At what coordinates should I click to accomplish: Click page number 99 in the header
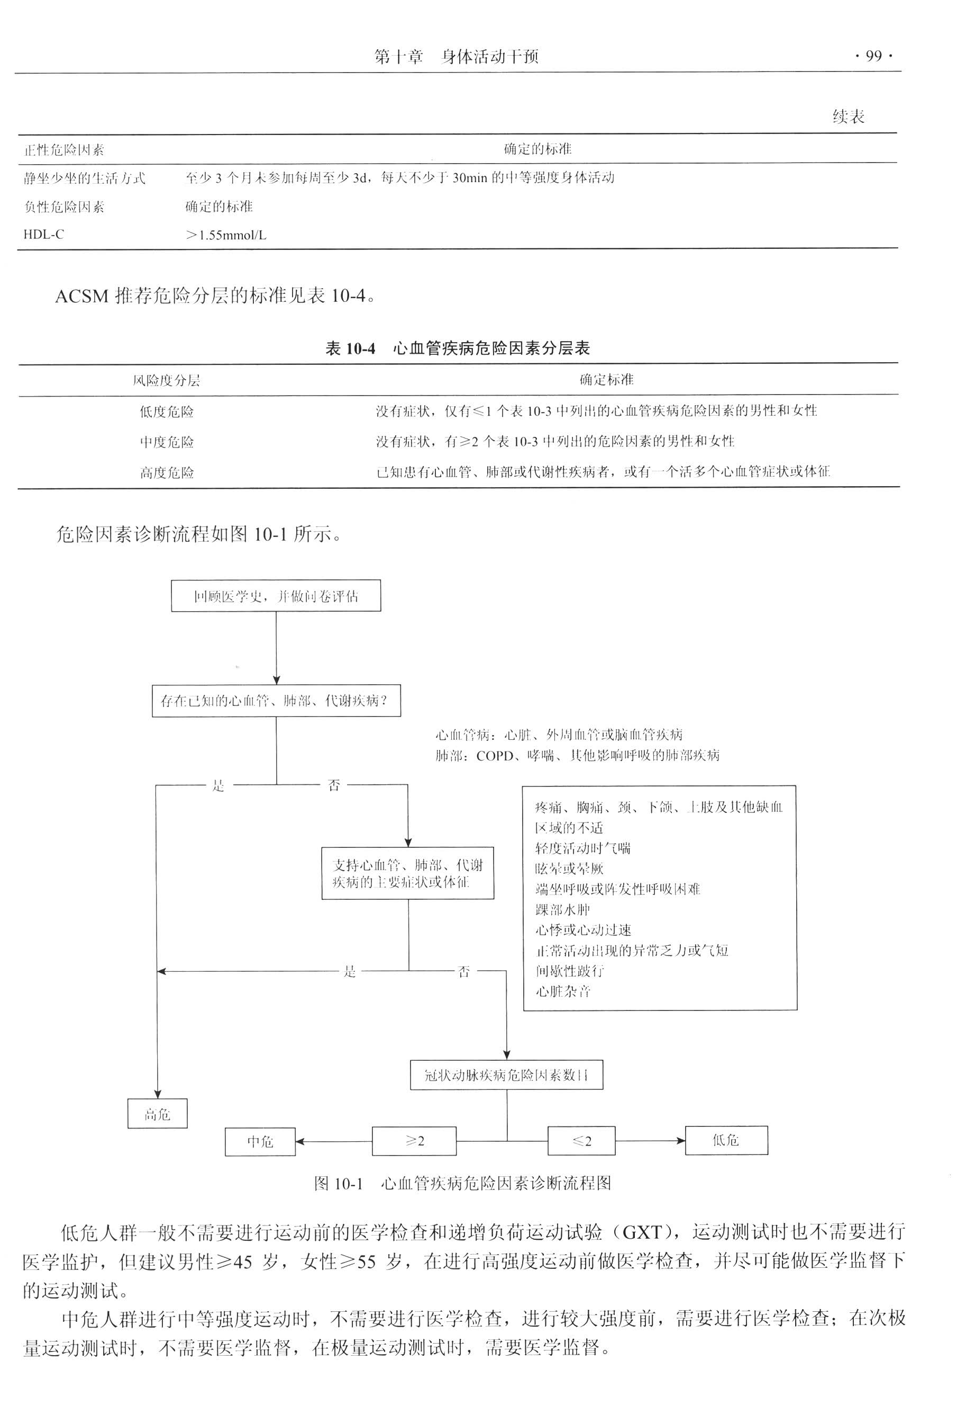(x=873, y=57)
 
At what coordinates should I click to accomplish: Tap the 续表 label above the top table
(x=848, y=116)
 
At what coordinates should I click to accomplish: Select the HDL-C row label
(x=44, y=234)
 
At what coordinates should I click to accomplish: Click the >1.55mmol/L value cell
(x=226, y=235)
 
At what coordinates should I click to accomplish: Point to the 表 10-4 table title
(x=457, y=348)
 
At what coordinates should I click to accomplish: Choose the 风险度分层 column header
(x=166, y=380)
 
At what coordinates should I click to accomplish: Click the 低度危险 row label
(x=167, y=412)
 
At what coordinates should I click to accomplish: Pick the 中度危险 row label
(x=167, y=442)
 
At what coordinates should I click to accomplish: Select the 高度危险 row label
(x=167, y=473)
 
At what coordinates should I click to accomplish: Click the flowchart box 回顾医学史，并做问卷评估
(x=276, y=596)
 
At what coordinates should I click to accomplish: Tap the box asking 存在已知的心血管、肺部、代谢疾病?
(x=276, y=701)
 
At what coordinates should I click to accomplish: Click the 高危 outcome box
(x=158, y=1113)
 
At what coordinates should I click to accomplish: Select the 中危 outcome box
(x=260, y=1141)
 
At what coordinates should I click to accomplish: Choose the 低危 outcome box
(x=726, y=1140)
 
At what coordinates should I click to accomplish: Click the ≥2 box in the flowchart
(x=414, y=1141)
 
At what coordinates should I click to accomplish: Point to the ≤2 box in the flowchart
(x=581, y=1141)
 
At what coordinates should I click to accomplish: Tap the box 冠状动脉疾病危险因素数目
(x=506, y=1075)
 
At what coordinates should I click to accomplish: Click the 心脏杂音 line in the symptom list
(x=563, y=991)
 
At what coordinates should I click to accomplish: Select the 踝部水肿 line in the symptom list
(x=562, y=910)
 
